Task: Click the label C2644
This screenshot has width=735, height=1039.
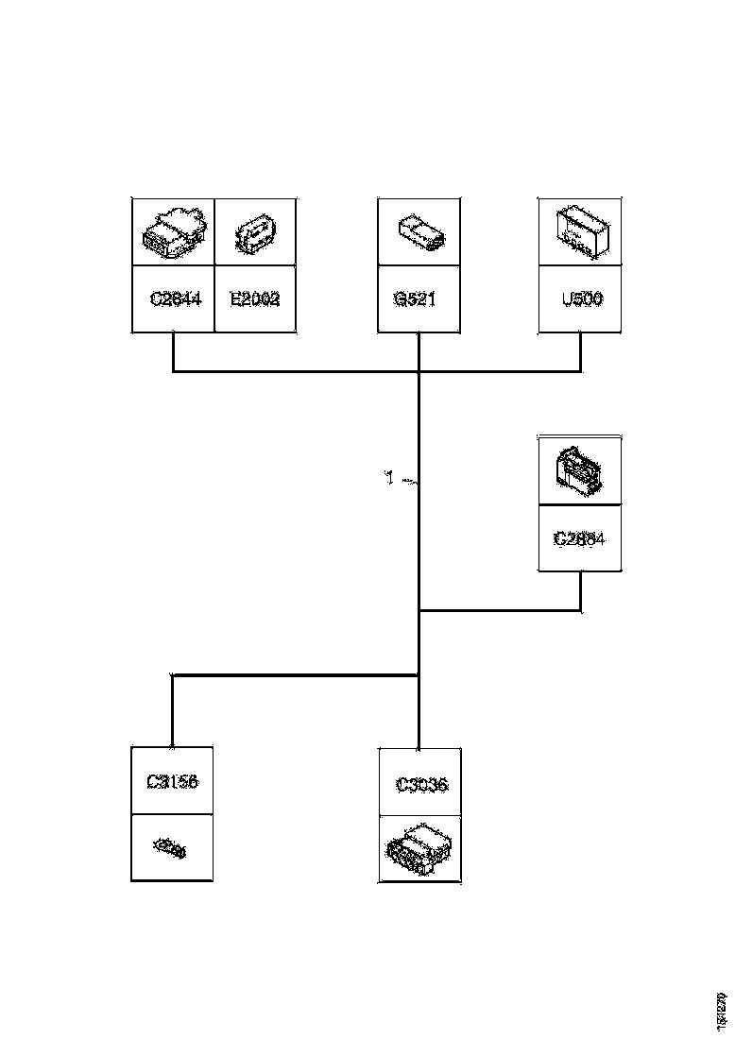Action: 176,299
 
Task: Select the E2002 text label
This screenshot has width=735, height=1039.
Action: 255,299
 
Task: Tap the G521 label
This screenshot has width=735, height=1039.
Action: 419,299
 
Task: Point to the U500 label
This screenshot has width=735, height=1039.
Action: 581,299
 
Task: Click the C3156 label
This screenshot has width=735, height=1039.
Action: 172,781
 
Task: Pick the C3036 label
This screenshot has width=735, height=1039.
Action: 420,784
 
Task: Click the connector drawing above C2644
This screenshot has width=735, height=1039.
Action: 173,231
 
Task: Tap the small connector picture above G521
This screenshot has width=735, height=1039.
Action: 419,231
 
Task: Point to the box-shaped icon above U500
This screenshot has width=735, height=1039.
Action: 580,232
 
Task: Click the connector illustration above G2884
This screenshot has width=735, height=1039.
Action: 579,469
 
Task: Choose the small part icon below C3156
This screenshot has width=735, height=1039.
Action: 171,849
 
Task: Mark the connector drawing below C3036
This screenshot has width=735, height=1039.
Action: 419,847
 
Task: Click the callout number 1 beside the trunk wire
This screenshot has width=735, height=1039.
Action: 388,479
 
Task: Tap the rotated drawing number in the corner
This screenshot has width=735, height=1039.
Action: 722,1010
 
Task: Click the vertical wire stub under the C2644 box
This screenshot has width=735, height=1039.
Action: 173,351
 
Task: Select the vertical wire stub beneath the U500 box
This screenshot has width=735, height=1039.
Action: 580,351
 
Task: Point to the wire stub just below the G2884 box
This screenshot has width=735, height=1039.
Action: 580,590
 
